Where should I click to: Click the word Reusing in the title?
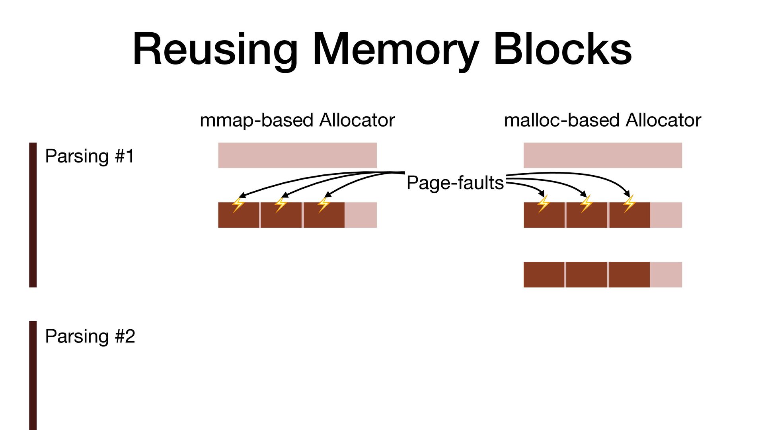click(215, 50)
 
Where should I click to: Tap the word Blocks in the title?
click(562, 50)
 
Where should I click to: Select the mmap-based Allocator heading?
click(297, 120)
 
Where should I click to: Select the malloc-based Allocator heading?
click(602, 120)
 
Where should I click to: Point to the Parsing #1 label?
click(90, 156)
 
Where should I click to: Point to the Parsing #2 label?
click(90, 336)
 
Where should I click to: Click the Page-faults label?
click(455, 183)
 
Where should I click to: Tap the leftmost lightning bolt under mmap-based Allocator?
click(238, 205)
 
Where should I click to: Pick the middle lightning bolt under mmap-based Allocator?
click(281, 204)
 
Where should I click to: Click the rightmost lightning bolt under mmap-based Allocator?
click(324, 204)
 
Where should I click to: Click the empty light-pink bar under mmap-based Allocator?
click(297, 155)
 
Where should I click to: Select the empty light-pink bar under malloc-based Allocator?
click(602, 155)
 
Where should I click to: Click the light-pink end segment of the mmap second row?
click(361, 215)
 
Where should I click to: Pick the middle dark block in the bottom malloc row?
click(586, 275)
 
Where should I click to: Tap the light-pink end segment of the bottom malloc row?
click(666, 275)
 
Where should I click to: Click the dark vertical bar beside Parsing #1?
click(33, 215)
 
